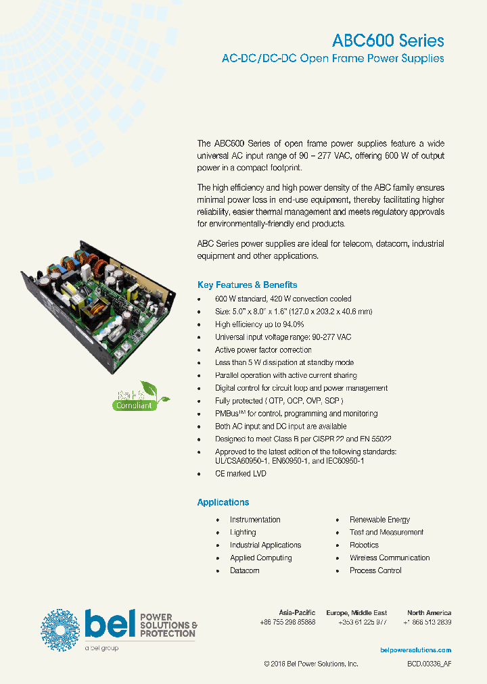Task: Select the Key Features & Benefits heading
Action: [x=247, y=285]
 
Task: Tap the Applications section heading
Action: [x=223, y=502]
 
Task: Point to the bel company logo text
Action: [x=108, y=624]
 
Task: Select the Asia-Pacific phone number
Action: [x=287, y=622]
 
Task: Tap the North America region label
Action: [x=429, y=612]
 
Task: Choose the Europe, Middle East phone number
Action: [x=362, y=622]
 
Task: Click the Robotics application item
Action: [x=364, y=545]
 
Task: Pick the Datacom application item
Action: [x=244, y=570]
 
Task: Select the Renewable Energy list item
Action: [x=379, y=519]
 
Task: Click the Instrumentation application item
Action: [x=254, y=519]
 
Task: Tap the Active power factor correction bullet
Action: [x=263, y=350]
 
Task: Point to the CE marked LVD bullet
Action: [x=240, y=474]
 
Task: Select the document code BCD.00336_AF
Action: [x=429, y=664]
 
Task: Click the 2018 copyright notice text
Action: [x=310, y=664]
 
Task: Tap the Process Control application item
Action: [x=375, y=570]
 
